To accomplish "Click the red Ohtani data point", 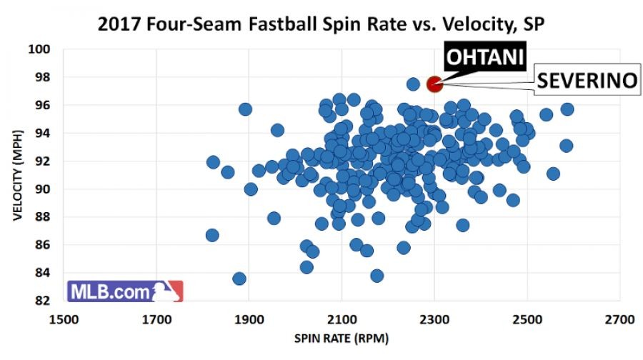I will (434, 84).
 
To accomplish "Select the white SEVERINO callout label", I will (586, 81).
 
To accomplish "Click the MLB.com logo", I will (126, 291).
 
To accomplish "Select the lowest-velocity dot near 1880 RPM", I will (239, 279).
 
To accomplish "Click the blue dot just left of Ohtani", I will (413, 84).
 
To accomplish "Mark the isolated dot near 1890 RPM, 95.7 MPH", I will (245, 109).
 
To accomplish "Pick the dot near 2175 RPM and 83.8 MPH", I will (377, 275).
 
